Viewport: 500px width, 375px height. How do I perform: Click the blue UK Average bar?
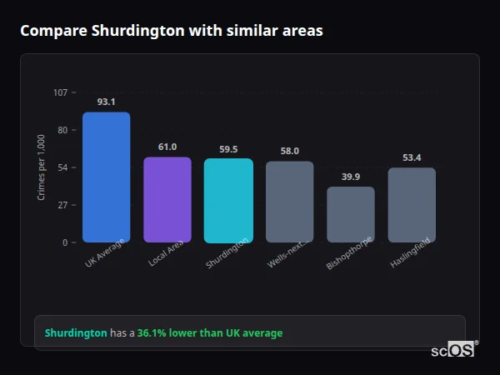(106, 177)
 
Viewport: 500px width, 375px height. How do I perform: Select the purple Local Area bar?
(167, 200)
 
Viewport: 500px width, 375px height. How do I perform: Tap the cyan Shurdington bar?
(228, 201)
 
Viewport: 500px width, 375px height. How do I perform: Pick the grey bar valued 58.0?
(289, 202)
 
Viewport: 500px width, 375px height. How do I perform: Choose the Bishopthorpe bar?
(351, 214)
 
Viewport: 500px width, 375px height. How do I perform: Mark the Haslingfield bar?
(412, 205)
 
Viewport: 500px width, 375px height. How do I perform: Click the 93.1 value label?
(106, 102)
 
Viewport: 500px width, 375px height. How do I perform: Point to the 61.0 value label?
(167, 147)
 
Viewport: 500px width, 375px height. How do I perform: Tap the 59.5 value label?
(228, 149)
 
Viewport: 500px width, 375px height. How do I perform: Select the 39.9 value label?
(351, 177)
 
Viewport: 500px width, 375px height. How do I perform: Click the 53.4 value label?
(412, 157)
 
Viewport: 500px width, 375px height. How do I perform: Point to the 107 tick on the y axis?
(60, 92)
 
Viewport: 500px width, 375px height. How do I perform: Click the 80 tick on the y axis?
(62, 130)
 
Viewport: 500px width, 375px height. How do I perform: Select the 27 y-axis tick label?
(62, 205)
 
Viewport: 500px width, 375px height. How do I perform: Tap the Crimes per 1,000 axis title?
(42, 167)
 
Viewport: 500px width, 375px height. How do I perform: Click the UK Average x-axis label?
(104, 253)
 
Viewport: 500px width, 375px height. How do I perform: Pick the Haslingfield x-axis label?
(410, 253)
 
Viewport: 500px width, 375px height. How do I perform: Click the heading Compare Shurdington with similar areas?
(172, 31)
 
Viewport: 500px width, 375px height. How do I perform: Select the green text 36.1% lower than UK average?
(210, 332)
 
